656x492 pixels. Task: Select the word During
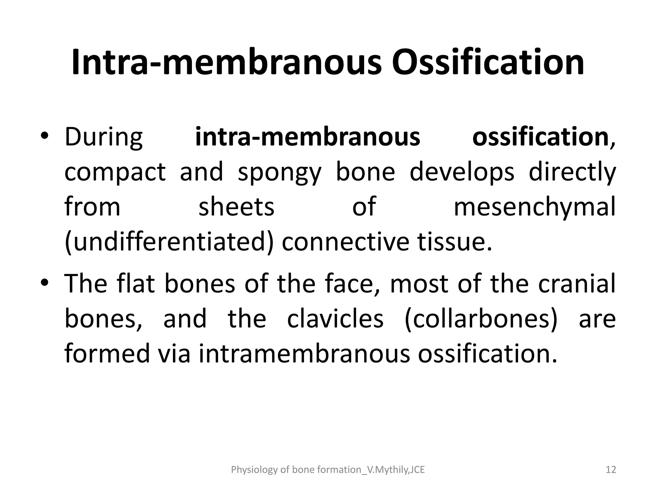(x=103, y=137)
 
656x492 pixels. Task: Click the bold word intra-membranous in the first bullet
(x=307, y=137)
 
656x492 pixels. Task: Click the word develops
(x=462, y=172)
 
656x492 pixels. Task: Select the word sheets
(x=236, y=207)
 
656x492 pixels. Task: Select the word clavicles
(x=335, y=319)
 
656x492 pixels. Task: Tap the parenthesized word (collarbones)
(x=481, y=319)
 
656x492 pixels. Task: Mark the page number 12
(x=611, y=470)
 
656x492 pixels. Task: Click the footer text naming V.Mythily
(x=328, y=470)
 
